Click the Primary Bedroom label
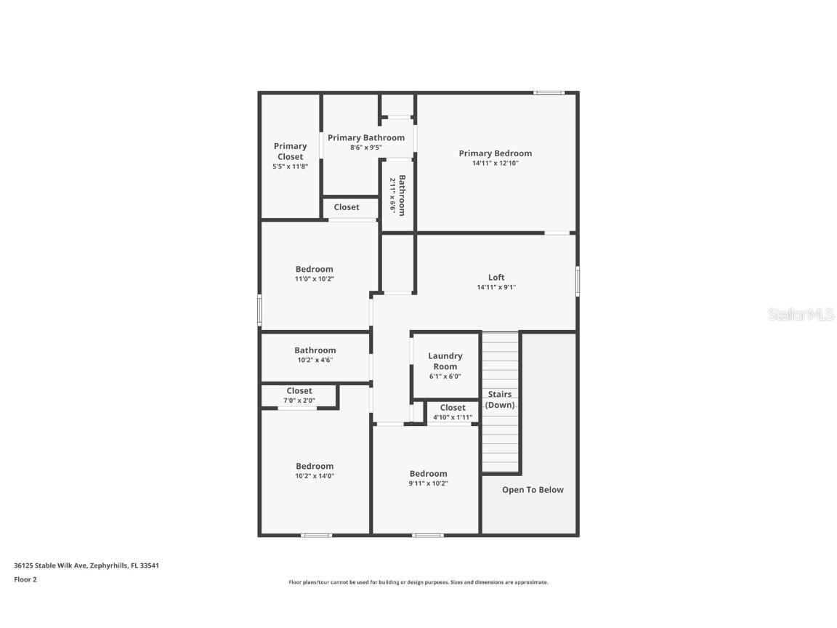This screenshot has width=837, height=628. click(495, 153)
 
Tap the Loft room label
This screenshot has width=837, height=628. click(496, 277)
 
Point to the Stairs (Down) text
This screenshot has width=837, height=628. click(500, 400)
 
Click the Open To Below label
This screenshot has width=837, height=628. click(533, 490)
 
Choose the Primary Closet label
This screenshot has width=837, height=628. click(290, 151)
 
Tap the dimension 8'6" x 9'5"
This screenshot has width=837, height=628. click(365, 148)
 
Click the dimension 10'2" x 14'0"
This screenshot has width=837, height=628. click(315, 476)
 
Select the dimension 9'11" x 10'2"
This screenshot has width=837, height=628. click(428, 483)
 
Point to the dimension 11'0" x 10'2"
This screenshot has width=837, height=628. click(315, 279)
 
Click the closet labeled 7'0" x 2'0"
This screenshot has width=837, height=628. click(299, 395)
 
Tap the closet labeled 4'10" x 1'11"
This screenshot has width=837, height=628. click(453, 412)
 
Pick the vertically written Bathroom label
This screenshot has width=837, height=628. click(397, 195)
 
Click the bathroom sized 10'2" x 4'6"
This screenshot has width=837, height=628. click(315, 355)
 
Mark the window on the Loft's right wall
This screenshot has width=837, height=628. click(578, 281)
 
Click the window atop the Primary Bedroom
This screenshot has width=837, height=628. click(549, 92)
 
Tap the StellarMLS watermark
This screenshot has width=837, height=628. click(801, 315)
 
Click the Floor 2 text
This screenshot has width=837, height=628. click(25, 579)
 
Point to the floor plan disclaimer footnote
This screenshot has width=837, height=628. click(418, 582)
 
